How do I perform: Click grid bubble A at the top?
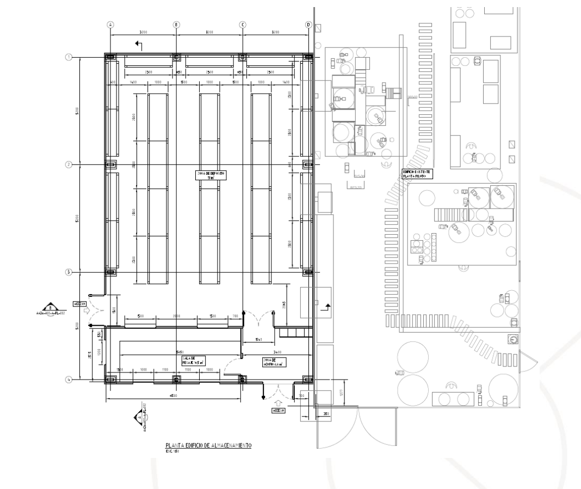[x=110, y=25]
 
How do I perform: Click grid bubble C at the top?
[x=243, y=25]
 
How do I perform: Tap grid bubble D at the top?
[x=308, y=25]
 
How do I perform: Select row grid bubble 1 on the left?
[x=69, y=57]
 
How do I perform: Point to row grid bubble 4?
[x=69, y=379]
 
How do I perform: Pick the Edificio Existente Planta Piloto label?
[x=417, y=173]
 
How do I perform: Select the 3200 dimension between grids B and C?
[x=209, y=33]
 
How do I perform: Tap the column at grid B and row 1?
[x=176, y=57]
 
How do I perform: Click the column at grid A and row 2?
[x=110, y=164]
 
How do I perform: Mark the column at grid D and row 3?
[x=308, y=272]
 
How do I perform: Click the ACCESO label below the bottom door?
[x=279, y=410]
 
